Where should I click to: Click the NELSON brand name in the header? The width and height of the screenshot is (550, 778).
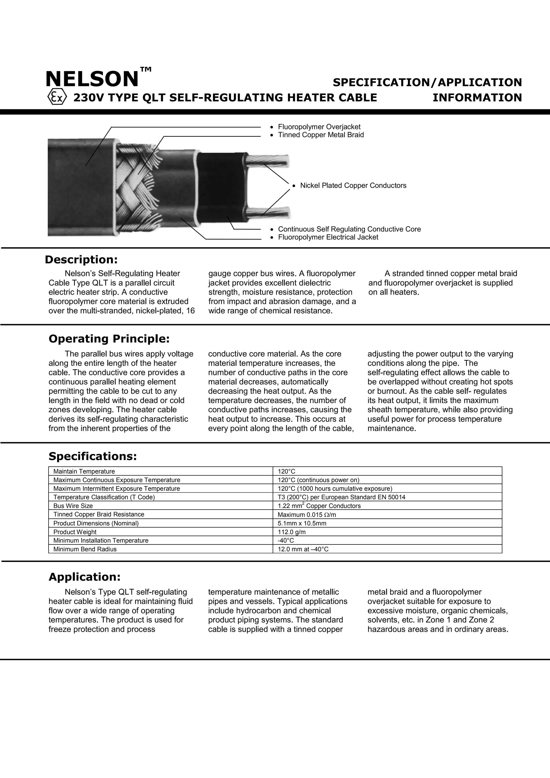92,79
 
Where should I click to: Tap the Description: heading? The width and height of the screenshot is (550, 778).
81,260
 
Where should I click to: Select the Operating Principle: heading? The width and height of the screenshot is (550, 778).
109,339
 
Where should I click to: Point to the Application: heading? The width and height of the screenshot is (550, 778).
84,577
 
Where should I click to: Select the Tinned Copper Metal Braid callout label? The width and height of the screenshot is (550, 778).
321,135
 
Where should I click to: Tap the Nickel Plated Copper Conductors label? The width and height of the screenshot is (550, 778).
353,185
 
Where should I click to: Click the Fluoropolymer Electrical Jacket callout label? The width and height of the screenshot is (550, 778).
328,237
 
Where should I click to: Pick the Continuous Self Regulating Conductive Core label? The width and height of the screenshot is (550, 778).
349,229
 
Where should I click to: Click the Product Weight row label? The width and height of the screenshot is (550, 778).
75,532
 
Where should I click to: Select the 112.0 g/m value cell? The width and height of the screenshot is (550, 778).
291,532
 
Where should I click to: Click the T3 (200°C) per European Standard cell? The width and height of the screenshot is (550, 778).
341,497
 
